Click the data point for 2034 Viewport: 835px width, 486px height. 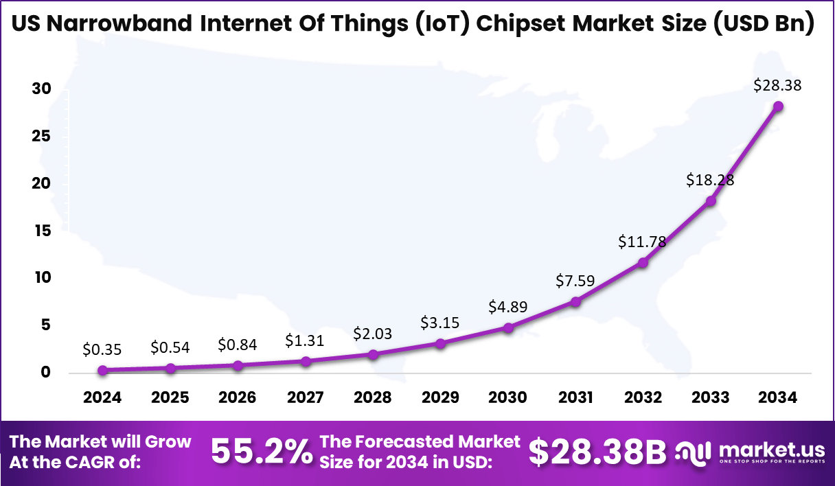coord(778,106)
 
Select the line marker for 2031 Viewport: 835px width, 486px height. coord(575,301)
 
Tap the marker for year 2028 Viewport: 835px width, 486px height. coord(373,354)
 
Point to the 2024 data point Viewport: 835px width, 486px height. coord(102,370)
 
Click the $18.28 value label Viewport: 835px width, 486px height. coord(710,180)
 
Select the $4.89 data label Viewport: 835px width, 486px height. coord(507,307)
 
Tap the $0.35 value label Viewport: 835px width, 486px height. coord(102,349)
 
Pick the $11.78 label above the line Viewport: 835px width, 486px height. coord(642,242)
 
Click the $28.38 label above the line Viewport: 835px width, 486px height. coord(777,86)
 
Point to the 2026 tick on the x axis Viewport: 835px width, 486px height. coord(238,398)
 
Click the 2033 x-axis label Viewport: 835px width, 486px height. coord(711,398)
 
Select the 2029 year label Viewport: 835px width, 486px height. coord(440,398)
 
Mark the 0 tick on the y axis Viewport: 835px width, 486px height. coord(45,372)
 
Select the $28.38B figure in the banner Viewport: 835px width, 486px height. coord(598,452)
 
